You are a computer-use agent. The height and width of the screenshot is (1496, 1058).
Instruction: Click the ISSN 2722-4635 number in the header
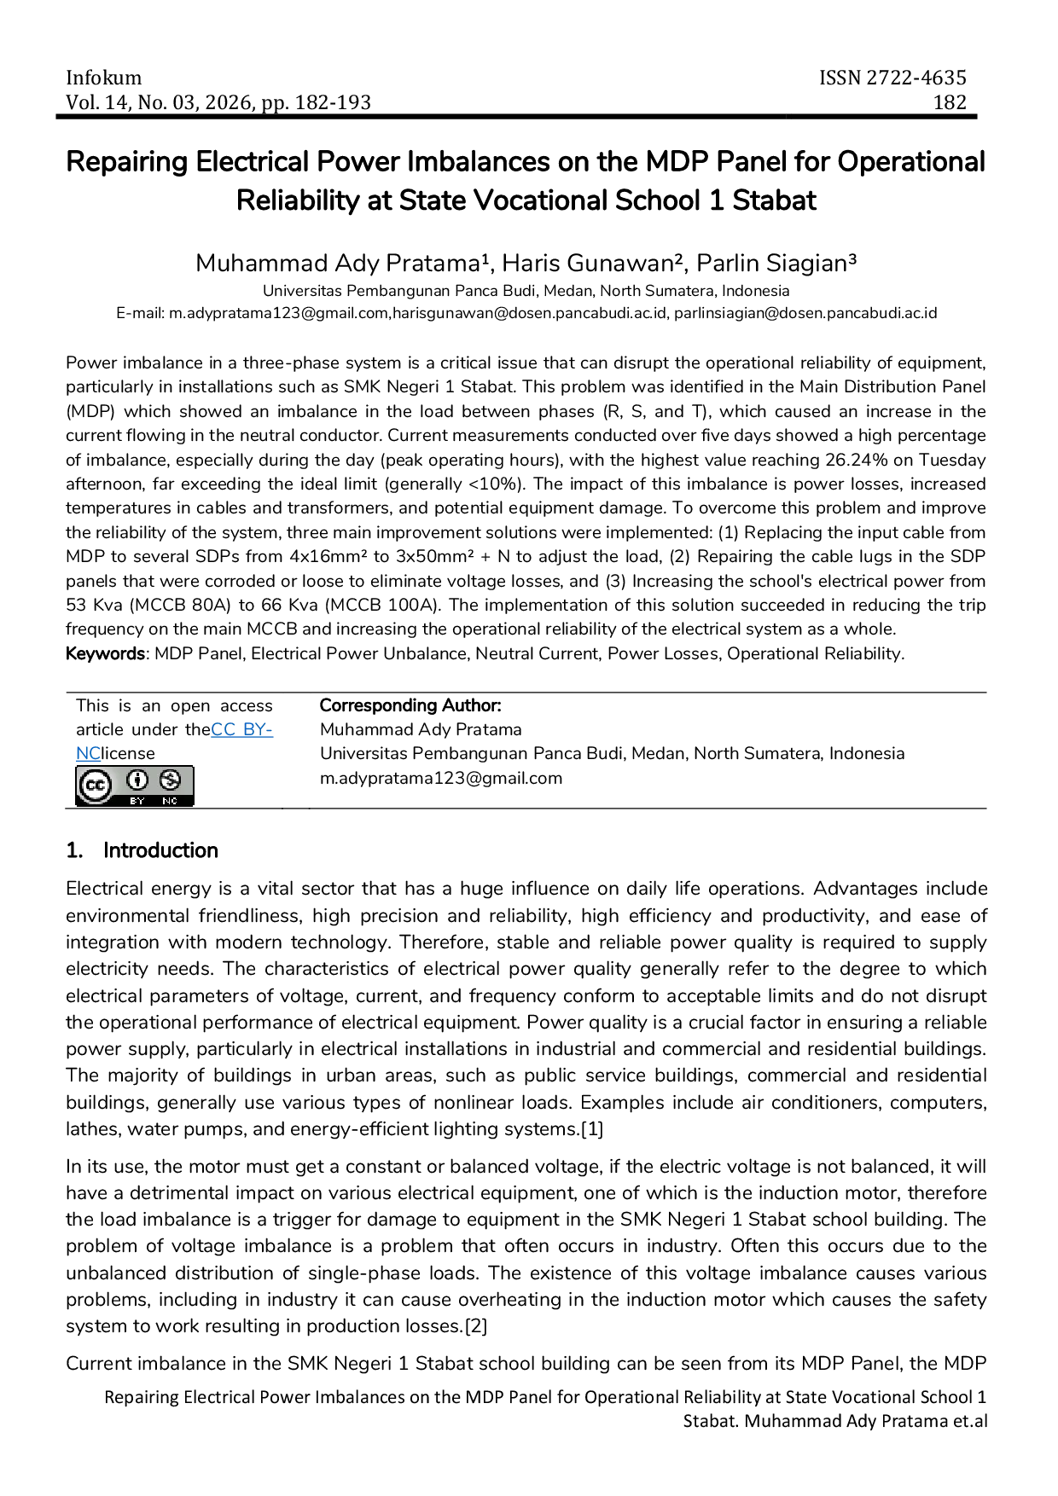click(892, 78)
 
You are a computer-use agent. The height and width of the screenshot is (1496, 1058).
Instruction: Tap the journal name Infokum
click(104, 78)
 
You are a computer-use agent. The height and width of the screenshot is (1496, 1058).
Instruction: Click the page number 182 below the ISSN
click(950, 102)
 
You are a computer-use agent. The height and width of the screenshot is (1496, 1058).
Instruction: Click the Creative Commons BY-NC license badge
click(135, 786)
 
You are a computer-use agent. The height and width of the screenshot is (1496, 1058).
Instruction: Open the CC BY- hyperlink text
click(241, 729)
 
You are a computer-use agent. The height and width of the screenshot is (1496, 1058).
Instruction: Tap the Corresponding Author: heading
click(410, 705)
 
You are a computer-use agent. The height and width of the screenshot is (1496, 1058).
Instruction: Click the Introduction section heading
click(160, 850)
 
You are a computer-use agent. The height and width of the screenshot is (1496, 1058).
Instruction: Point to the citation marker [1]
click(592, 1129)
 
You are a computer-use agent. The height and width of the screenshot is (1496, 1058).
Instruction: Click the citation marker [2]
click(476, 1326)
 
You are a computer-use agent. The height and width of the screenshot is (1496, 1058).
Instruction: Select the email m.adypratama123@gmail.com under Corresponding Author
click(441, 778)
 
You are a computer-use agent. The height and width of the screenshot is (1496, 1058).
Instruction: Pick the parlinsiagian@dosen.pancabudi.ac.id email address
click(805, 313)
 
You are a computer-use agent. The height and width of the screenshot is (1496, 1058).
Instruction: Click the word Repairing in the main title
click(127, 162)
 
